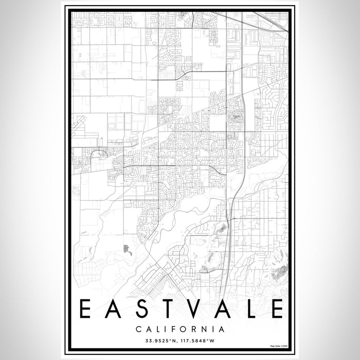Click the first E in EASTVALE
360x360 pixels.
pos(86,309)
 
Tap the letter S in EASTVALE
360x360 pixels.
pos(142,309)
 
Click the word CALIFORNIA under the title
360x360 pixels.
pos(180,328)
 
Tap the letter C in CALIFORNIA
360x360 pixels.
pos(138,328)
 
